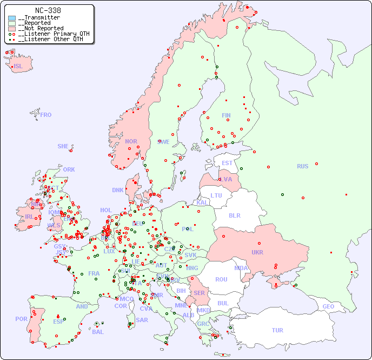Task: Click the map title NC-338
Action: [x=48, y=10]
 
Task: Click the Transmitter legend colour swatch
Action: [x=12, y=18]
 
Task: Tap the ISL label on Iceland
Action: [x=18, y=67]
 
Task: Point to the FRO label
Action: [x=46, y=115]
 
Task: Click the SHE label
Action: [x=63, y=146]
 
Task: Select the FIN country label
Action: [x=226, y=115]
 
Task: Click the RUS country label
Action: [x=302, y=166]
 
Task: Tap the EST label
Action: [x=227, y=163]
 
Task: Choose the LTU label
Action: [x=216, y=195]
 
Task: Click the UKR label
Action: [x=257, y=252]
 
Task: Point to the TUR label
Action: [x=277, y=330]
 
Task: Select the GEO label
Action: [x=328, y=306]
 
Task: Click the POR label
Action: [x=21, y=319]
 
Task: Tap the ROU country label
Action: [x=221, y=279]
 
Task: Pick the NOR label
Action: [x=131, y=141]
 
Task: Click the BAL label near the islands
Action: [x=98, y=332]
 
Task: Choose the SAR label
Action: [x=142, y=319]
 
